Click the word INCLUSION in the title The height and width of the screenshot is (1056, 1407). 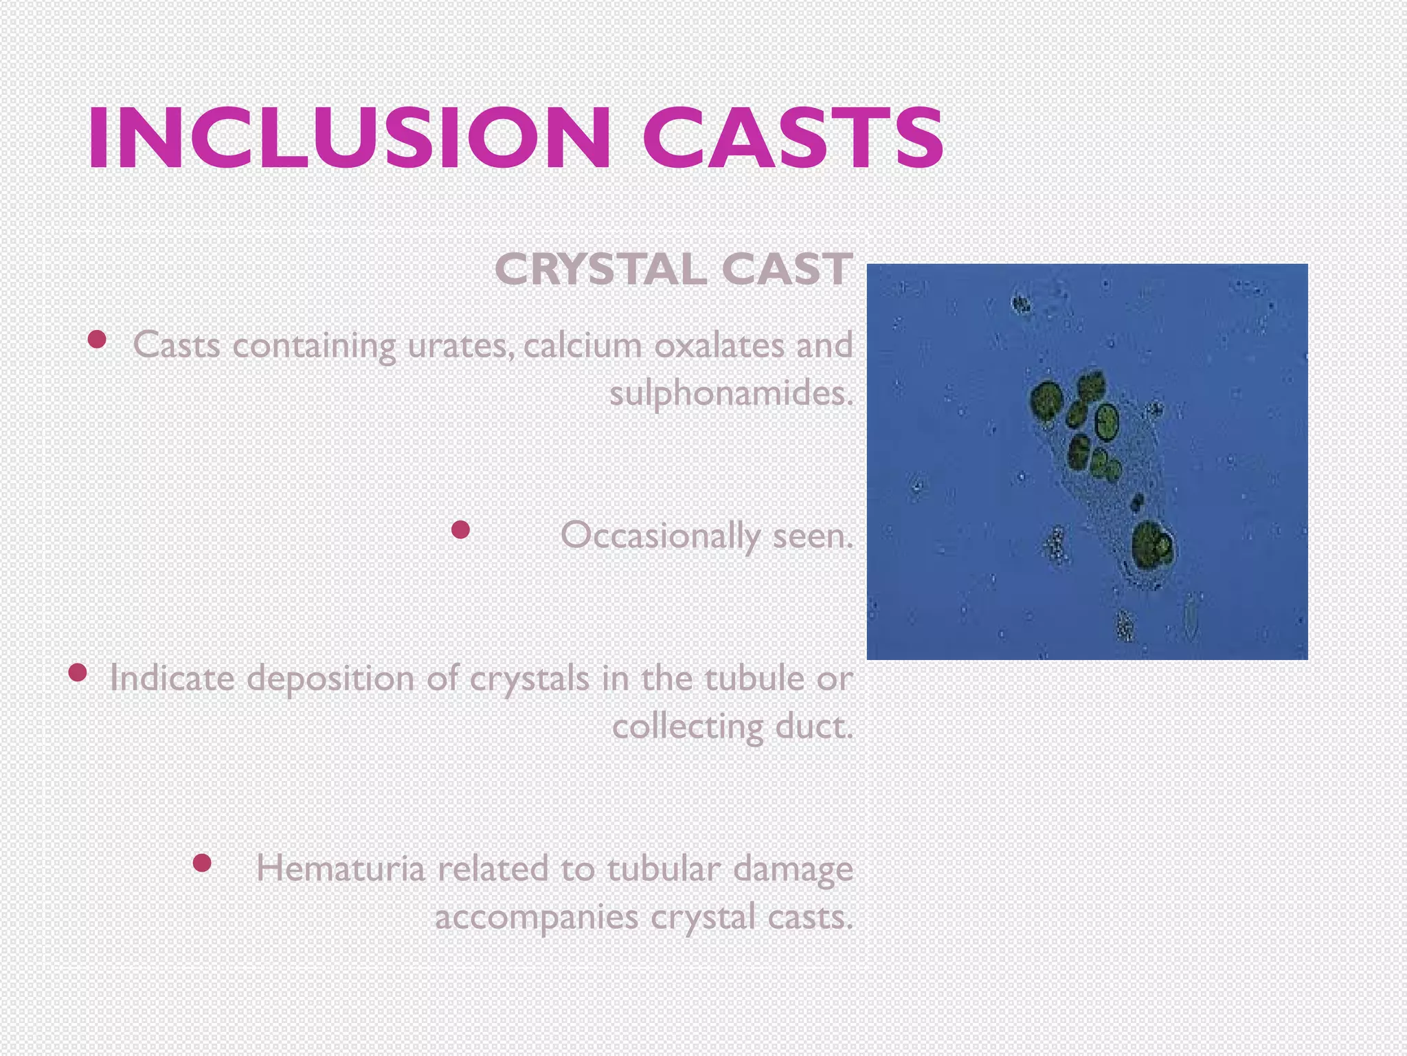(348, 137)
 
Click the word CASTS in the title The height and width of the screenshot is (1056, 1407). (793, 137)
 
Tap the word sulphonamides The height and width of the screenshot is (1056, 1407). (731, 394)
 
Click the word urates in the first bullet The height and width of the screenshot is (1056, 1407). (460, 345)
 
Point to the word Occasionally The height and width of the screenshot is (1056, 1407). (660, 536)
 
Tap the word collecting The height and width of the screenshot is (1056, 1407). (687, 727)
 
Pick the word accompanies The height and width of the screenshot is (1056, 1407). (537, 917)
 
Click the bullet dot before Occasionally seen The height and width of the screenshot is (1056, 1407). (460, 529)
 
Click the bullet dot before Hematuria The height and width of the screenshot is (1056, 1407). (202, 863)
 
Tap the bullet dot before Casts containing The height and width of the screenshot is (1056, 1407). (97, 339)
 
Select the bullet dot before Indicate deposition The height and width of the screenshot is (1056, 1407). (78, 672)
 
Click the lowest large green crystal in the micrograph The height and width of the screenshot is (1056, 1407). (1151, 547)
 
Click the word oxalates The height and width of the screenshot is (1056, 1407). (719, 345)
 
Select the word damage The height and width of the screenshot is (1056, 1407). (793, 870)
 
